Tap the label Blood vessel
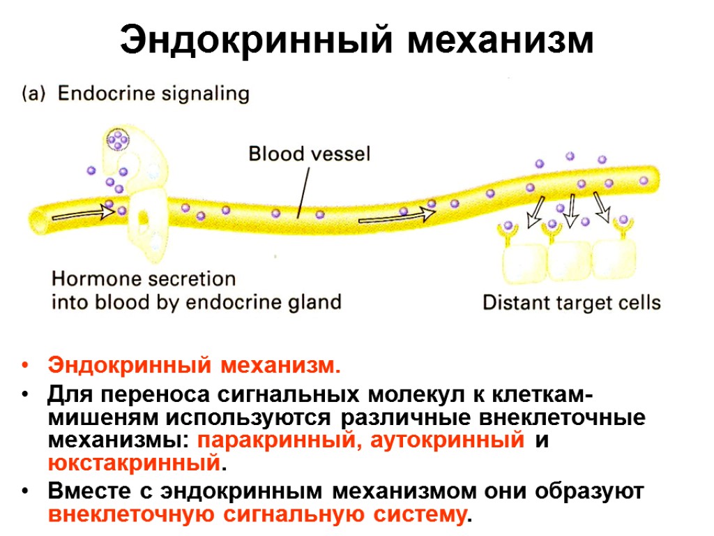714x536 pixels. click(310, 153)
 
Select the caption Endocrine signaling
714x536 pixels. click(153, 94)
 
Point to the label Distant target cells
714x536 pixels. click(571, 303)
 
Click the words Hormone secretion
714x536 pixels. click(144, 279)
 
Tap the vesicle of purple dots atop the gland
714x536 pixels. click(119, 141)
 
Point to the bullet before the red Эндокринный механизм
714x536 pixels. click(26, 366)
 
